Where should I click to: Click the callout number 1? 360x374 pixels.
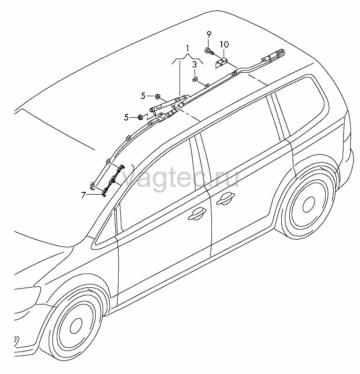pyautogui.click(x=187, y=49)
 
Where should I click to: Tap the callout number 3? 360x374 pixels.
pyautogui.click(x=195, y=65)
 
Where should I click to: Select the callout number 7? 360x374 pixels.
pyautogui.click(x=83, y=195)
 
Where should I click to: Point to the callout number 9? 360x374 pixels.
pyautogui.click(x=209, y=35)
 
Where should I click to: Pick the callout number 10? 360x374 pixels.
pyautogui.click(x=224, y=45)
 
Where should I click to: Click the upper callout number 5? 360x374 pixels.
pyautogui.click(x=142, y=96)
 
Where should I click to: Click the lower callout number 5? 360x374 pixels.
pyautogui.click(x=126, y=117)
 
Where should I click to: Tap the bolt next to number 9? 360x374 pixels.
pyautogui.click(x=210, y=51)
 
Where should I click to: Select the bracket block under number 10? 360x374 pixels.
pyautogui.click(x=222, y=62)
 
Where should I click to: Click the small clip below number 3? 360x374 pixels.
pyautogui.click(x=195, y=80)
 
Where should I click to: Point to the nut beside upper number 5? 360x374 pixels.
pyautogui.click(x=157, y=96)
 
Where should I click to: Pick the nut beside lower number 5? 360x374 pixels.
pyautogui.click(x=140, y=117)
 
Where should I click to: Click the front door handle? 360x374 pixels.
pyautogui.click(x=197, y=214)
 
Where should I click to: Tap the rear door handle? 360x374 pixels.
pyautogui.click(x=225, y=199)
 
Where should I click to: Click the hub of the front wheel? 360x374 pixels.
pyautogui.click(x=76, y=326)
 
